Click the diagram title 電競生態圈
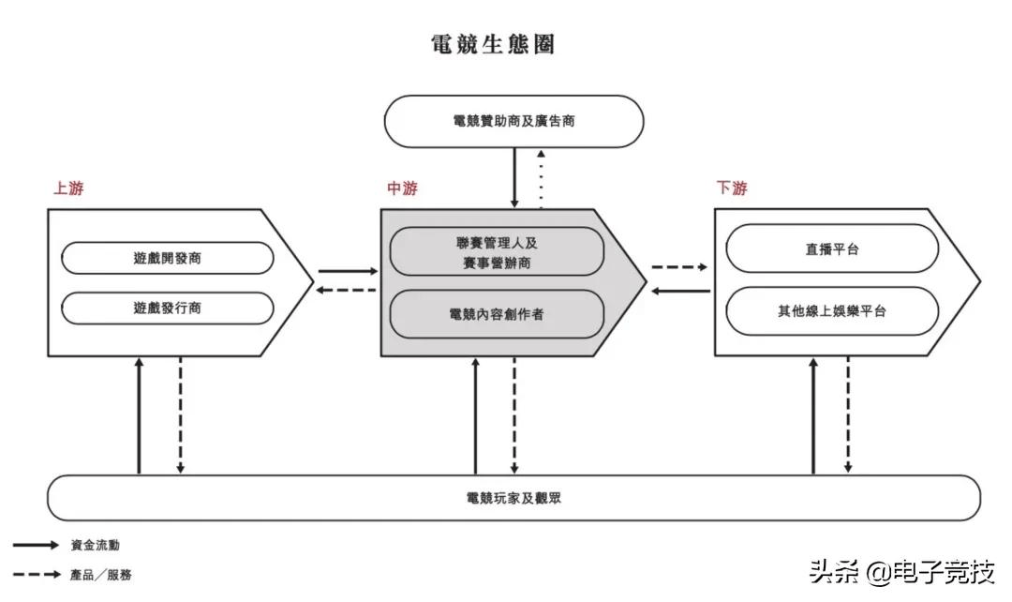pos(492,44)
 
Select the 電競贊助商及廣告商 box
pos(513,121)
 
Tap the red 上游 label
pos(68,188)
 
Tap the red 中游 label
pos(402,188)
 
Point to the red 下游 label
pos(732,188)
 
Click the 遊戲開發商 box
pos(168,258)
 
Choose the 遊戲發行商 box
pos(168,308)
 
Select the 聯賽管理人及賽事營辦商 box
pos(497,252)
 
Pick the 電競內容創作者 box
pos(497,314)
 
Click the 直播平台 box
pos(832,249)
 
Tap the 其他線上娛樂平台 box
pos(832,311)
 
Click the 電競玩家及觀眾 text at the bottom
pos(513,498)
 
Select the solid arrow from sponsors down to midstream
pos(513,178)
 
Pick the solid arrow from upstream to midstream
pos(346,272)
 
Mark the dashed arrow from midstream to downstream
pos(679,267)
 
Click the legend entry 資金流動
pos(95,545)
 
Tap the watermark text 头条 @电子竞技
pos(900,570)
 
